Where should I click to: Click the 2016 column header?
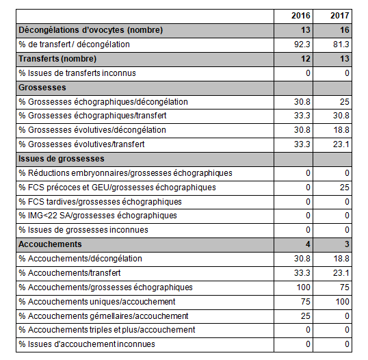click(x=301, y=16)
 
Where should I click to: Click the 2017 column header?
click(x=340, y=16)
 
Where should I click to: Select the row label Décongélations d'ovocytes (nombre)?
click(x=90, y=30)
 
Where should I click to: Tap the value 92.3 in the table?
click(x=302, y=44)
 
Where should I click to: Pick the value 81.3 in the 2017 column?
click(x=341, y=44)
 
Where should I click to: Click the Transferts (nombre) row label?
click(x=57, y=59)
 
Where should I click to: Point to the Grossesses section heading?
click(x=42, y=88)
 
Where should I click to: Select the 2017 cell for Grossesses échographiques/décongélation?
click(x=345, y=102)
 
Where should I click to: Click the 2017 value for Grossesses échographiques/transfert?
click(x=341, y=116)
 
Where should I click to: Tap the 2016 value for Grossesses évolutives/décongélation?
click(x=302, y=130)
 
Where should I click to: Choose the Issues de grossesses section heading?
click(x=62, y=159)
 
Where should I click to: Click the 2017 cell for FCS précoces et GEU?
click(x=345, y=188)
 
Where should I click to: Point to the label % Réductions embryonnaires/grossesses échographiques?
click(x=126, y=173)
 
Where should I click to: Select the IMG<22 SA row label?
click(x=98, y=216)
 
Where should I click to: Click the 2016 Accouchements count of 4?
click(x=308, y=244)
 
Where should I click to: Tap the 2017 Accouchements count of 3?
click(x=347, y=244)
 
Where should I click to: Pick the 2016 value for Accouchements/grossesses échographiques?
click(x=304, y=287)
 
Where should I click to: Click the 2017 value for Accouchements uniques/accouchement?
click(x=343, y=302)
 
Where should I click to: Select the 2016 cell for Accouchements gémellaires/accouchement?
click(x=306, y=316)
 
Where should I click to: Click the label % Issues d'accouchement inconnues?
click(x=87, y=344)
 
